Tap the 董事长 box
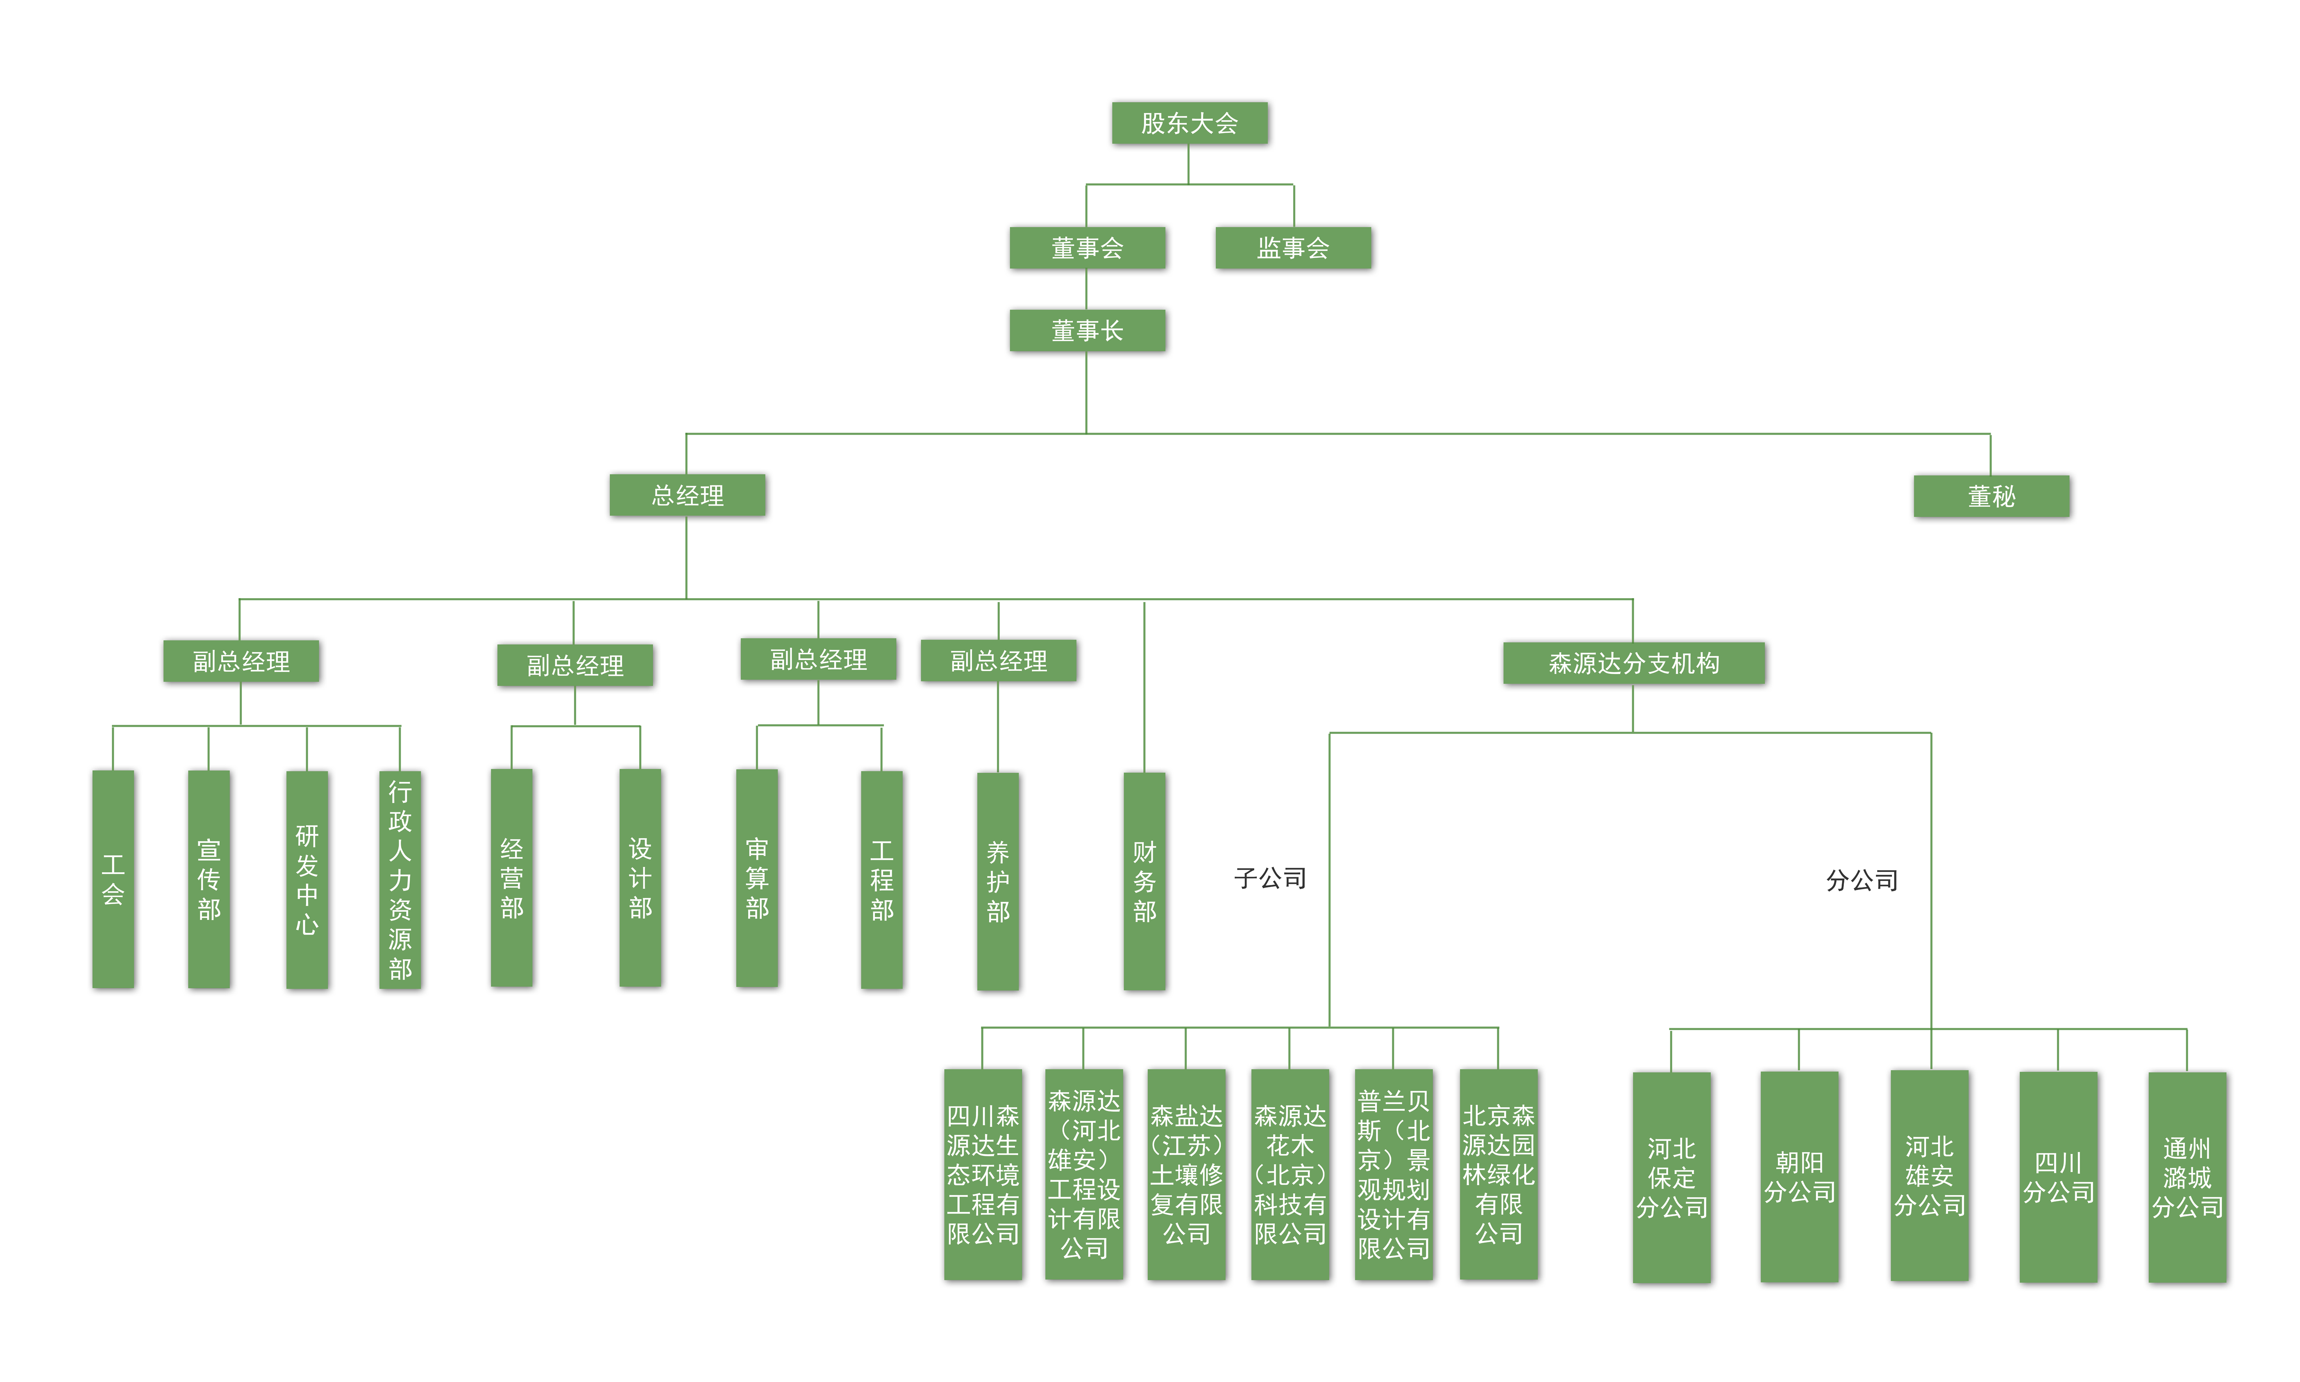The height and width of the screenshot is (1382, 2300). [1087, 331]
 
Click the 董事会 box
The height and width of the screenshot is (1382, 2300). [1087, 248]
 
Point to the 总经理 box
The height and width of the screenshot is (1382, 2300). [687, 495]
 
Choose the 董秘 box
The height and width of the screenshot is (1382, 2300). [1991, 496]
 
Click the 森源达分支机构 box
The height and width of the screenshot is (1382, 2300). [1633, 663]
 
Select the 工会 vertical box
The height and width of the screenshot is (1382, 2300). [113, 879]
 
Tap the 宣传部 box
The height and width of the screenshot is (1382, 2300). [209, 879]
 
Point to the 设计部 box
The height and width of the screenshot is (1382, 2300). [640, 877]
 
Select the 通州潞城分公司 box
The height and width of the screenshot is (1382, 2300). [2186, 1177]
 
